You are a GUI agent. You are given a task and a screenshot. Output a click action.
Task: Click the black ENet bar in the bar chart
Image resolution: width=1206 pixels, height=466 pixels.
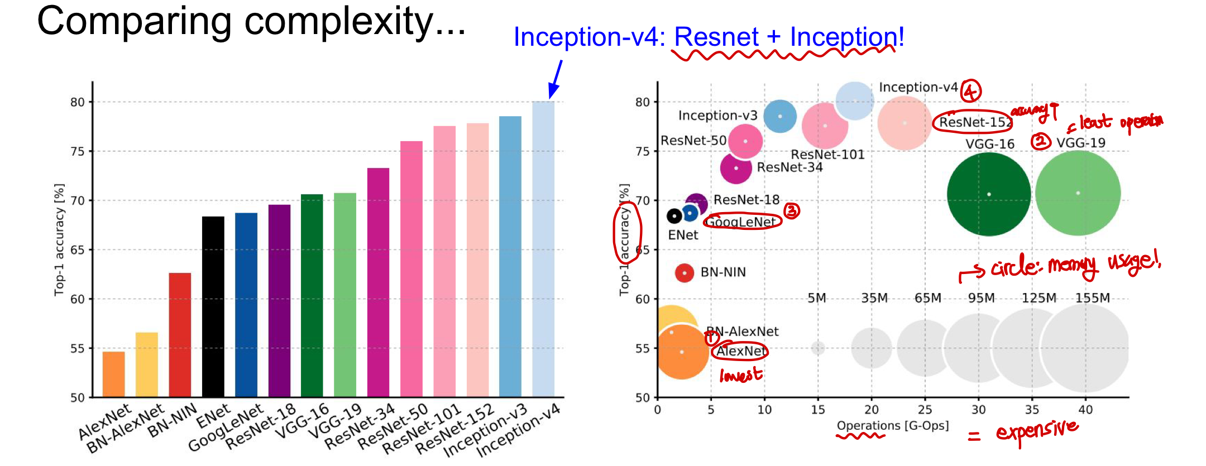click(213, 307)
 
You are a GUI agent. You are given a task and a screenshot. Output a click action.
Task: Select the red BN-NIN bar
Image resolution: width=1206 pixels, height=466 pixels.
click(180, 335)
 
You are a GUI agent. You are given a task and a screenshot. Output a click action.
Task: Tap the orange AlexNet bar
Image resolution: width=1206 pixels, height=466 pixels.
click(113, 374)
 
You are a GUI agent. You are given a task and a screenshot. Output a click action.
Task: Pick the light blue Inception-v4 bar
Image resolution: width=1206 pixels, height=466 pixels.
click(543, 249)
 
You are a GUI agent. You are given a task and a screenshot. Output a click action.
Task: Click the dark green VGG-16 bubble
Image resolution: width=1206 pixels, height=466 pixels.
click(989, 194)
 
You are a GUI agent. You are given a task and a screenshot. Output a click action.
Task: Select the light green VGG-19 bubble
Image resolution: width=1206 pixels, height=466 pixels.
click(1078, 193)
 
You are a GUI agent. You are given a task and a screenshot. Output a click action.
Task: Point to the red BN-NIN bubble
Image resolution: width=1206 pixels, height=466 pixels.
click(685, 273)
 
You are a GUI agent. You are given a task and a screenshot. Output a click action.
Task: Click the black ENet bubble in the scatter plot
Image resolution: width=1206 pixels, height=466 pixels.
click(674, 215)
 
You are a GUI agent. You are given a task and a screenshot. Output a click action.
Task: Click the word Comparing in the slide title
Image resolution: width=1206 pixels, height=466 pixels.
click(134, 22)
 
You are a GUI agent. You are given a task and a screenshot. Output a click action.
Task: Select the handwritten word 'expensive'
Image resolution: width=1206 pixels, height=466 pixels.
click(1037, 431)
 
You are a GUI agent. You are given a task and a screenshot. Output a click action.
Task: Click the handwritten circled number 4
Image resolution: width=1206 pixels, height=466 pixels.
click(970, 90)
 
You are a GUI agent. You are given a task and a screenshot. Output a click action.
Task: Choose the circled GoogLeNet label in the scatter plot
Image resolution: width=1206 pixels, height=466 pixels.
click(741, 222)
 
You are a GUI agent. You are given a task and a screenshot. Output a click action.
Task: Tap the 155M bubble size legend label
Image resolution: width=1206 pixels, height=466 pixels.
click(1093, 298)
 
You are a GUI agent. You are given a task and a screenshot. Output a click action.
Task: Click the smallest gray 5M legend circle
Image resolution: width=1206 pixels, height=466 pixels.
click(818, 348)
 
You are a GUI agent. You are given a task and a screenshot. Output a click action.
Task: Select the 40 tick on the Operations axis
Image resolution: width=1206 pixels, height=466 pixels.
click(1085, 410)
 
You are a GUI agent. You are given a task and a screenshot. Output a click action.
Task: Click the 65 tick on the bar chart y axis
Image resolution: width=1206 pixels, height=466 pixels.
click(77, 250)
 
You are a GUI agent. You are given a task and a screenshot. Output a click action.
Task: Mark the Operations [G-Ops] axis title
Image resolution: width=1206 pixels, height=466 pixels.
click(892, 426)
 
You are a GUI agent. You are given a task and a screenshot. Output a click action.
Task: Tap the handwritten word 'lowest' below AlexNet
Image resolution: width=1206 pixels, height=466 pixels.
click(740, 375)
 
